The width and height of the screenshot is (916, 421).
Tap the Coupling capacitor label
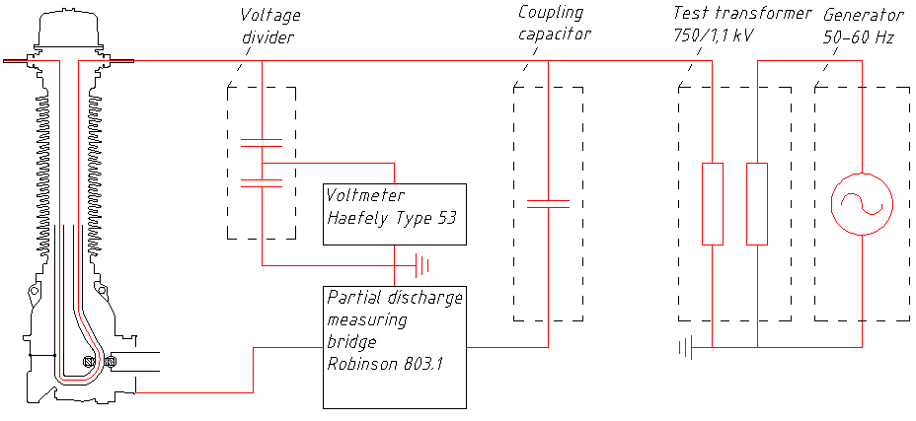[555, 24]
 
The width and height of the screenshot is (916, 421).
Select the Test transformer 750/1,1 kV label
[741, 24]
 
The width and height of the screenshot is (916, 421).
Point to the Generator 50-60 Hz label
[864, 24]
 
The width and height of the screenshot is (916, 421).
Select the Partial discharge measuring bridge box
[395, 346]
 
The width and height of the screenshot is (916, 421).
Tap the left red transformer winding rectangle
[713, 203]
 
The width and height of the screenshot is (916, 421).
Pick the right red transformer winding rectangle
[757, 203]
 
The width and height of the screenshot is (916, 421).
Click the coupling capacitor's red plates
[548, 204]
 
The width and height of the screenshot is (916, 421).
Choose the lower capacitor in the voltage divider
[262, 180]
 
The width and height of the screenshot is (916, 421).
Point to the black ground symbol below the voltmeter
[422, 264]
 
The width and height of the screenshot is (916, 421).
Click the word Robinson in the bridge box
[360, 361]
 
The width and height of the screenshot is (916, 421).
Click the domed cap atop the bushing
[68, 29]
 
